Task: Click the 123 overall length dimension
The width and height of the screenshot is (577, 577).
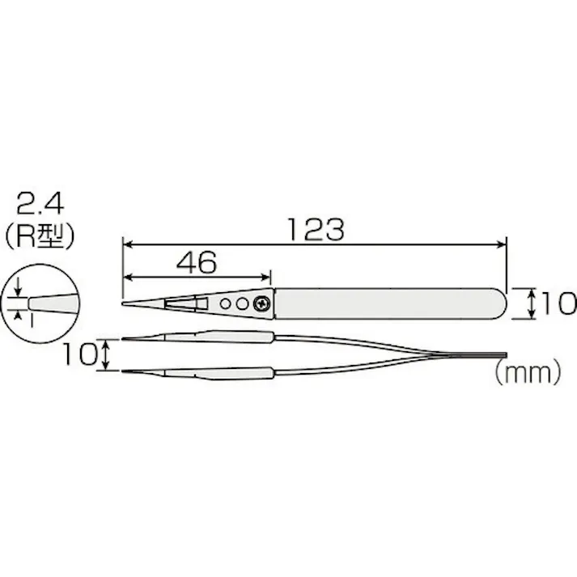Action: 314,229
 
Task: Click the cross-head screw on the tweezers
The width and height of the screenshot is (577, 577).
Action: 263,303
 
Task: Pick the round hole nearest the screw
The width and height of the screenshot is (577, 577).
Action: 244,303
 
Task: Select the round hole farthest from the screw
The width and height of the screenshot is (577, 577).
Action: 227,303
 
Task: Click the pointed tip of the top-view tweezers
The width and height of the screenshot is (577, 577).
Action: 125,304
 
